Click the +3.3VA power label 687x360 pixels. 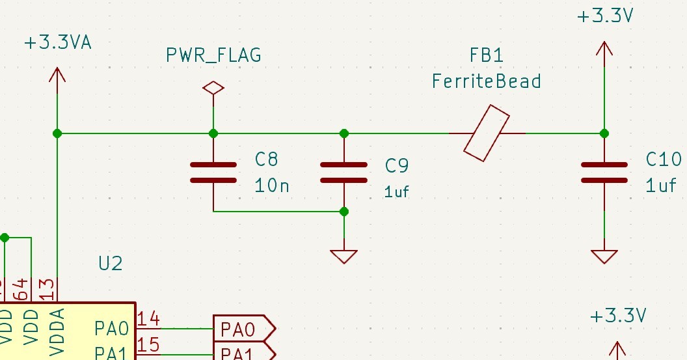57,43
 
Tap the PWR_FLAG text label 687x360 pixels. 213,56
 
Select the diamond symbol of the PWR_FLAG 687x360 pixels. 213,88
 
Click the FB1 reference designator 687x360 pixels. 487,56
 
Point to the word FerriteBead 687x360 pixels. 487,81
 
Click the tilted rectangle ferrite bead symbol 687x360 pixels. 487,133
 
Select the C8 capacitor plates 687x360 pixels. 213,172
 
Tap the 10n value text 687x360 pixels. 272,186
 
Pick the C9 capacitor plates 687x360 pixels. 344,172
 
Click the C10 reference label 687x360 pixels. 664,159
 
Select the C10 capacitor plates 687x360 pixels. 604,172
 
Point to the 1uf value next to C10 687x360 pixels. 661,186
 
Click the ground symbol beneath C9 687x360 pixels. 344,256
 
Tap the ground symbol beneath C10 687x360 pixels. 604,256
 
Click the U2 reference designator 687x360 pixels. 111,264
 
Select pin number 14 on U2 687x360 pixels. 149,318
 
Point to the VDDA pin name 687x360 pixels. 57,332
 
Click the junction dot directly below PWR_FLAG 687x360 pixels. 213,133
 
